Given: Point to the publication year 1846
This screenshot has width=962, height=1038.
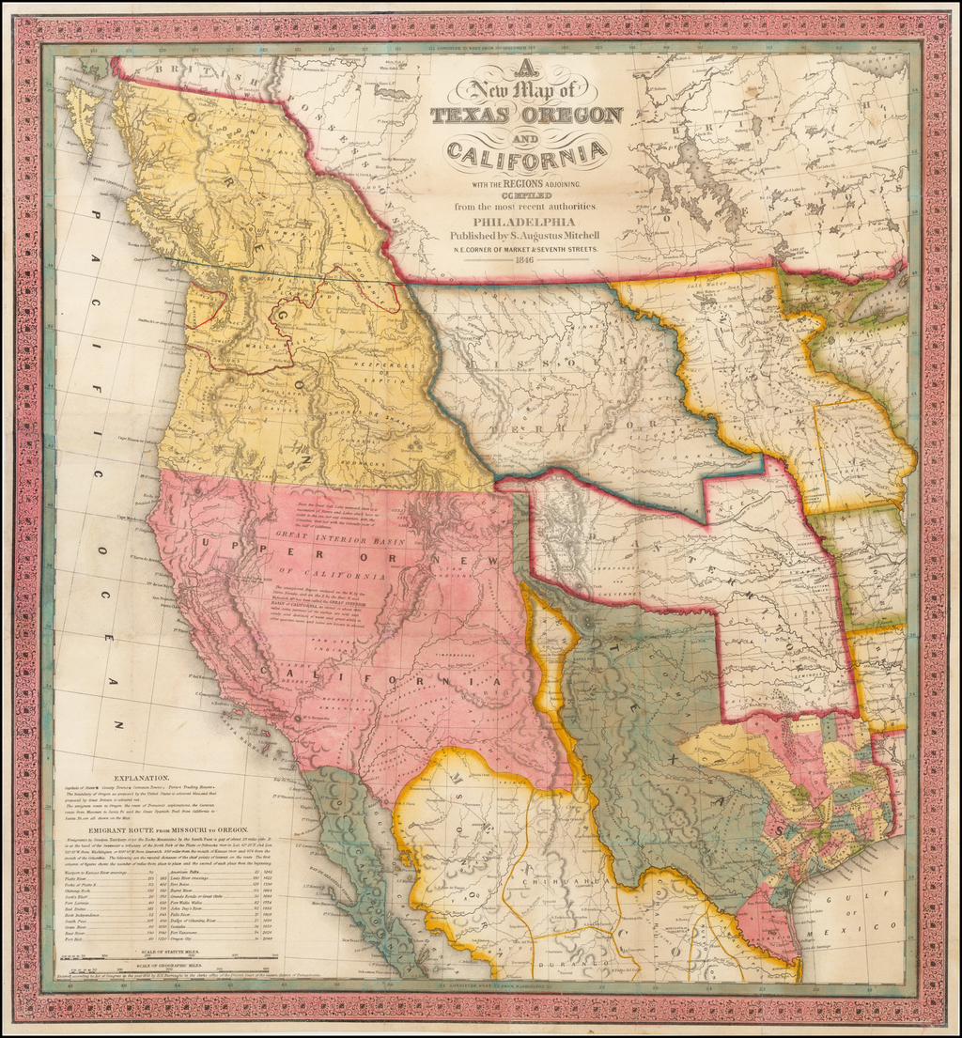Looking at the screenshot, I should click(522, 261).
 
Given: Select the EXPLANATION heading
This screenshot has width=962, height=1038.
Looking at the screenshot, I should click(142, 779).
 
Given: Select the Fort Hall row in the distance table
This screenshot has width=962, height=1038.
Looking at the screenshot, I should click(76, 939).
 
